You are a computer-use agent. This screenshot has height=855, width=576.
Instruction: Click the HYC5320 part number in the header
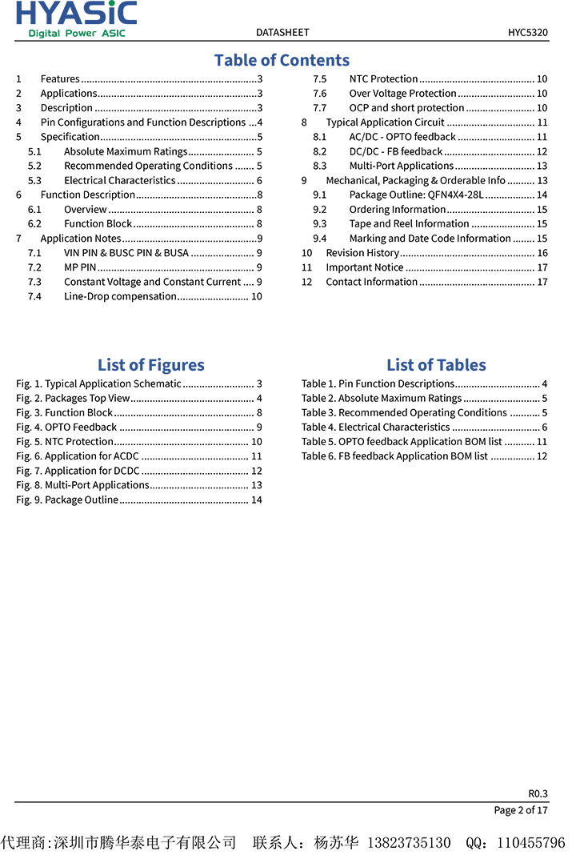coord(527,33)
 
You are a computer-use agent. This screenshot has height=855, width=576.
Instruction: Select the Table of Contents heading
coord(282,60)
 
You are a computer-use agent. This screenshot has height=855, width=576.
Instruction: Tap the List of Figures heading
coord(150,365)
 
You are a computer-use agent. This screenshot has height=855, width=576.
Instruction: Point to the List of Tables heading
coord(436,365)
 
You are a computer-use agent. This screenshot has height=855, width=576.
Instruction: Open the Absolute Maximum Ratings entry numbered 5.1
coord(125,151)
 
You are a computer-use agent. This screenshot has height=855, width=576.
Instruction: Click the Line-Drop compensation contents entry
coord(120,296)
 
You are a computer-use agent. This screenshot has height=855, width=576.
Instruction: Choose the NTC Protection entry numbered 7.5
coord(383,78)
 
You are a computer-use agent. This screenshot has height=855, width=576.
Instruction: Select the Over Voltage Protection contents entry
coord(402,93)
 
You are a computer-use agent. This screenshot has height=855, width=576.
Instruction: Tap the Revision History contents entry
coord(362,253)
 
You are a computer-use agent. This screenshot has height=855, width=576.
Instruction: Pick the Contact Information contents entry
coord(371,282)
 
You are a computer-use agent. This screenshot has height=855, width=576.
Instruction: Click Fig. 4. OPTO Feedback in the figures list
coord(66,427)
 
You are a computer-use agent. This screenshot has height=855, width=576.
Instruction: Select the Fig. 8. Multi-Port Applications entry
coord(82,485)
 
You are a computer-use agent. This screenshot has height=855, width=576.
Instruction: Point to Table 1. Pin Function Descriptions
coord(378,383)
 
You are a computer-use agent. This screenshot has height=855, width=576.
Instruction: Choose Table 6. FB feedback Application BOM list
coord(394,456)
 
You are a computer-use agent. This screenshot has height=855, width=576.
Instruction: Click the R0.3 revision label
coord(538,793)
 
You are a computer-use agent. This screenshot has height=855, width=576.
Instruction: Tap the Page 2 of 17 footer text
coord(521,810)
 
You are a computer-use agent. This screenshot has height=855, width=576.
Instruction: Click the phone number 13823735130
coord(408,842)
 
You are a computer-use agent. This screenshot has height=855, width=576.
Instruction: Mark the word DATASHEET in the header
coord(282,33)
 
